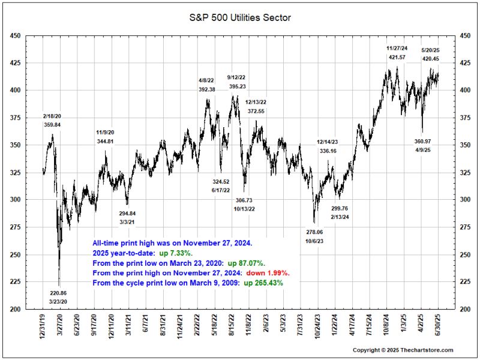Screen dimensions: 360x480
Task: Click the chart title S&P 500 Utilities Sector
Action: [239, 18]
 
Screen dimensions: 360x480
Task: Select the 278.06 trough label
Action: [314, 232]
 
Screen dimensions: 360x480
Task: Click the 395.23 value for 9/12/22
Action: [236, 86]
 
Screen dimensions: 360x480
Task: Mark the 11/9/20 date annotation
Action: [105, 133]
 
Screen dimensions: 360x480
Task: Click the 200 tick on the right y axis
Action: [464, 309]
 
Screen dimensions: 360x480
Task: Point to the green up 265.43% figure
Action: [263, 282]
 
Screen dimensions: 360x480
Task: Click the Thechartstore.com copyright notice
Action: [403, 350]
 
